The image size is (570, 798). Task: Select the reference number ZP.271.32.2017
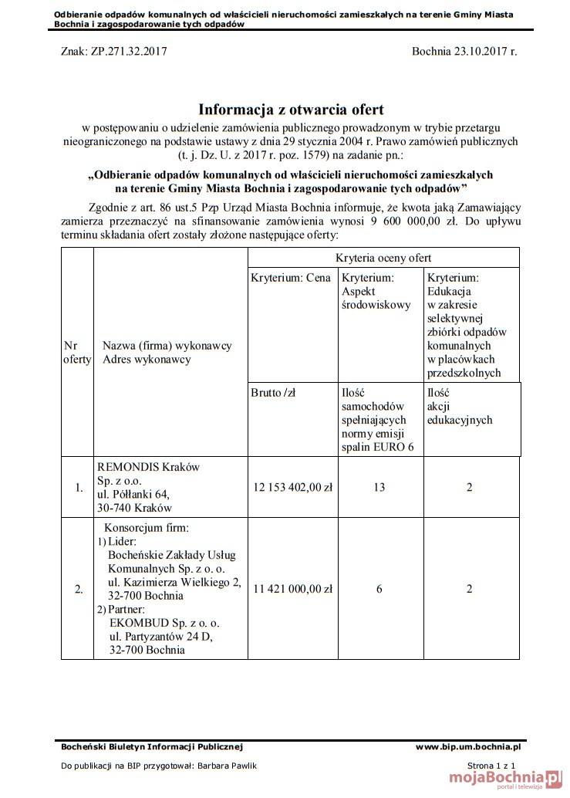tap(126, 52)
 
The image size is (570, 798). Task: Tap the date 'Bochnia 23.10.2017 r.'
tap(464, 52)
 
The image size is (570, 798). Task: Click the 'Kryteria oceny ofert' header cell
tap(383, 258)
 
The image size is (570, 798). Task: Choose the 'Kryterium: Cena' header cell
tap(291, 278)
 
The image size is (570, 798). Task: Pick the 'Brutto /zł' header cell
tap(274, 393)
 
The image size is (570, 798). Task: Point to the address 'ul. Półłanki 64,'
tap(133, 494)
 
